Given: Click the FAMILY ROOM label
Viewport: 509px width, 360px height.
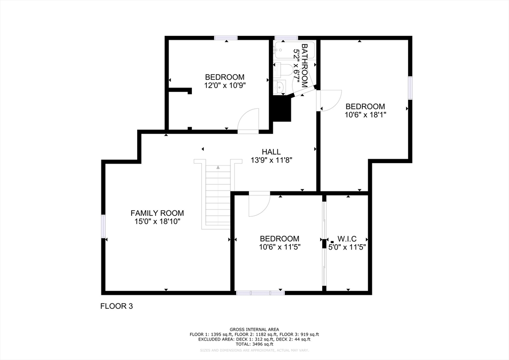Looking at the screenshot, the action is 157,213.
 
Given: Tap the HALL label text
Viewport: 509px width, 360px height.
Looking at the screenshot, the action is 271,152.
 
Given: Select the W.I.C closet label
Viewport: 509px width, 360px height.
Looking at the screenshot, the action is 347,239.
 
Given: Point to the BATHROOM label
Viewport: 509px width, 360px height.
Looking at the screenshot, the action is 305,66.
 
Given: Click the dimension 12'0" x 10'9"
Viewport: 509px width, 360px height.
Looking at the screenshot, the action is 225,86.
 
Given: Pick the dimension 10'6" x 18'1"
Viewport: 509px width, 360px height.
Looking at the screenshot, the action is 365,114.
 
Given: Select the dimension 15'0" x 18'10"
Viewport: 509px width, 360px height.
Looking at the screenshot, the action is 158,221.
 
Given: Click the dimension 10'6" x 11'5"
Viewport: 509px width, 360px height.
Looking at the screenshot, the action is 279,247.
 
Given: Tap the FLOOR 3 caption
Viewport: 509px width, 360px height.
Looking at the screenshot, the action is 116,306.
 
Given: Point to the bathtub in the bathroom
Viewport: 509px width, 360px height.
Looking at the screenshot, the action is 294,50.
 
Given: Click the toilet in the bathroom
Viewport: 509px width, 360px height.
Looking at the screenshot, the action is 282,71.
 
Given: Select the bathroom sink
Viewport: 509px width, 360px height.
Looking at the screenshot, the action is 279,87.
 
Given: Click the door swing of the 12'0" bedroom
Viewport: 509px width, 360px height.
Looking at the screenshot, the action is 249,121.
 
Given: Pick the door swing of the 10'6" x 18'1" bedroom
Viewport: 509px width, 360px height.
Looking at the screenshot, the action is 329,100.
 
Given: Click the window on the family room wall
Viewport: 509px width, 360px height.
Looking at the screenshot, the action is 103,226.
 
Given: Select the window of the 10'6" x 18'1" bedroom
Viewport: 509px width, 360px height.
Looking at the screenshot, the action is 410,88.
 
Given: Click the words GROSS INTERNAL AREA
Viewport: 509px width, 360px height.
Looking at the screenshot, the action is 254,330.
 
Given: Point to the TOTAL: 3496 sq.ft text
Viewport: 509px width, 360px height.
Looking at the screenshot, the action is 254,344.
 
